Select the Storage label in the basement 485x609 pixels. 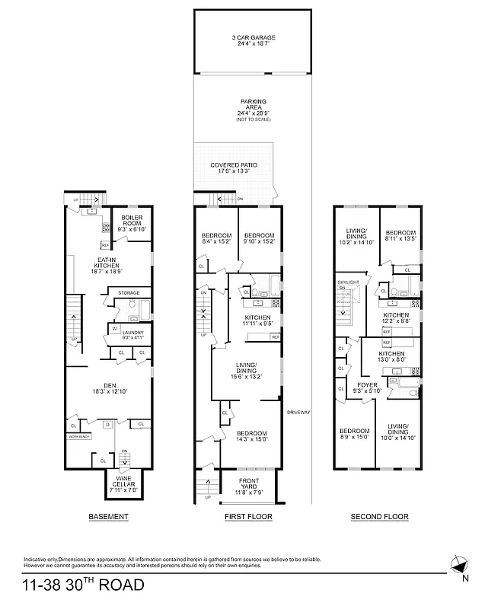[129, 292]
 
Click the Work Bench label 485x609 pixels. [80, 436]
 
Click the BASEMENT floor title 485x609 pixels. [108, 517]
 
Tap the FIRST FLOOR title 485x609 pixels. [248, 517]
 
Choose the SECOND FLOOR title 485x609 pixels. [379, 517]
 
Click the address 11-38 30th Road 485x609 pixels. [82, 586]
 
